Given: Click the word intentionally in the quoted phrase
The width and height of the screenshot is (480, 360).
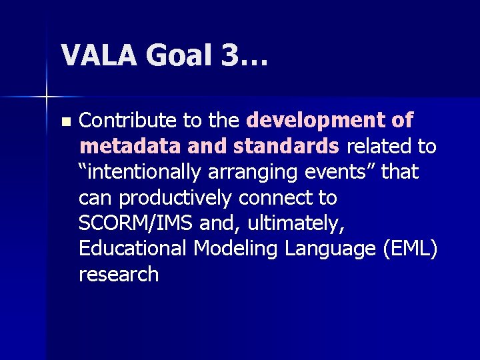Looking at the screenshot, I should (x=143, y=172).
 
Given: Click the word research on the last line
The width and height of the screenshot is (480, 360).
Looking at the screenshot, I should (x=119, y=274).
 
